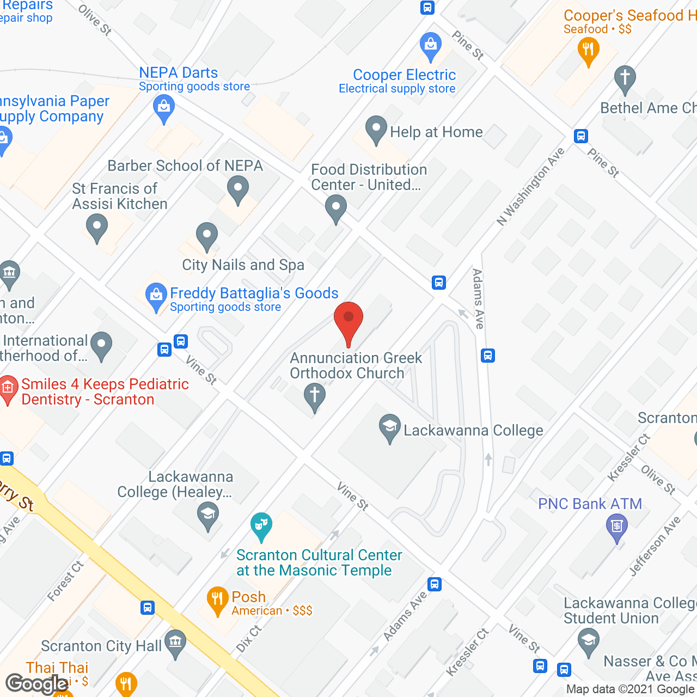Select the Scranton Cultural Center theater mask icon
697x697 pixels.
click(x=261, y=525)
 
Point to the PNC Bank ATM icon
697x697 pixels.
click(x=616, y=527)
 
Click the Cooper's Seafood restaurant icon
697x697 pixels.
click(x=588, y=50)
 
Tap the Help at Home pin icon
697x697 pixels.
click(x=376, y=129)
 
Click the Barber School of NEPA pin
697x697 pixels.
click(x=237, y=189)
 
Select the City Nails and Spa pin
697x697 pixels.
click(x=207, y=235)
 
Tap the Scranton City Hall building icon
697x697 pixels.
click(x=175, y=642)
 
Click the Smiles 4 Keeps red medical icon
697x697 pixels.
click(x=8, y=388)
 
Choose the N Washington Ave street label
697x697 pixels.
click(x=531, y=187)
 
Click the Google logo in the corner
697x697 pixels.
click(x=36, y=684)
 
